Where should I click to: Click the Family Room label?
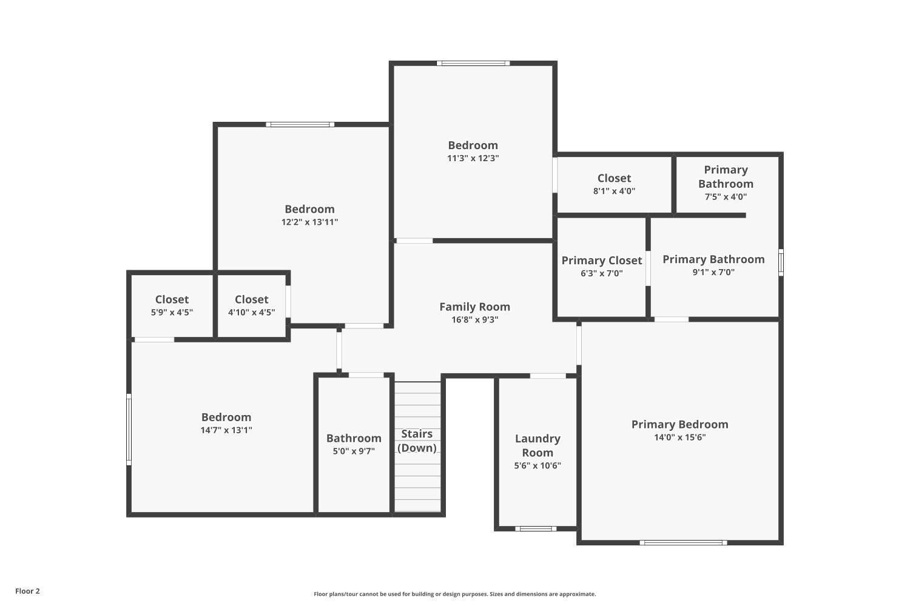pyautogui.click(x=474, y=307)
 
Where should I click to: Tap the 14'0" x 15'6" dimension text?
pyautogui.click(x=679, y=437)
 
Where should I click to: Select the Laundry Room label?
pyautogui.click(x=538, y=445)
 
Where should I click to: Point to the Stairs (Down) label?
pyautogui.click(x=417, y=441)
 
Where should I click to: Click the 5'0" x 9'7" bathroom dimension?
pyautogui.click(x=354, y=451)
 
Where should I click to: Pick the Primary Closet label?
pyautogui.click(x=602, y=261)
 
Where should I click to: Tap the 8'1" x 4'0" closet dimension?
pyautogui.click(x=614, y=191)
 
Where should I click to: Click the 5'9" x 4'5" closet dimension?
pyautogui.click(x=172, y=312)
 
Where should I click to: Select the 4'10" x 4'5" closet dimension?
pyautogui.click(x=252, y=312)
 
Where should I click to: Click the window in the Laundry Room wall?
pyautogui.click(x=536, y=528)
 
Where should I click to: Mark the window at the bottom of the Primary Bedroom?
pyautogui.click(x=683, y=542)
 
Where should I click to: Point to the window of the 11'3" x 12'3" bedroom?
pyautogui.click(x=473, y=63)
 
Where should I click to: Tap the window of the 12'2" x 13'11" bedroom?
pyautogui.click(x=300, y=125)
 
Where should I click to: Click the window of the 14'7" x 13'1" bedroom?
pyautogui.click(x=129, y=430)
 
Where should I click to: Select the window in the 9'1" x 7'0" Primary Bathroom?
pyautogui.click(x=781, y=262)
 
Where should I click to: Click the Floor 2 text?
pyautogui.click(x=28, y=591)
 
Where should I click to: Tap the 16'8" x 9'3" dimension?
pyautogui.click(x=474, y=319)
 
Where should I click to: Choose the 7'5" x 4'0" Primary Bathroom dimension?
pyautogui.click(x=726, y=197)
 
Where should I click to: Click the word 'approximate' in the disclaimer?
pyautogui.click(x=577, y=594)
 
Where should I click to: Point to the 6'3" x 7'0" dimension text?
pyautogui.click(x=602, y=273)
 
